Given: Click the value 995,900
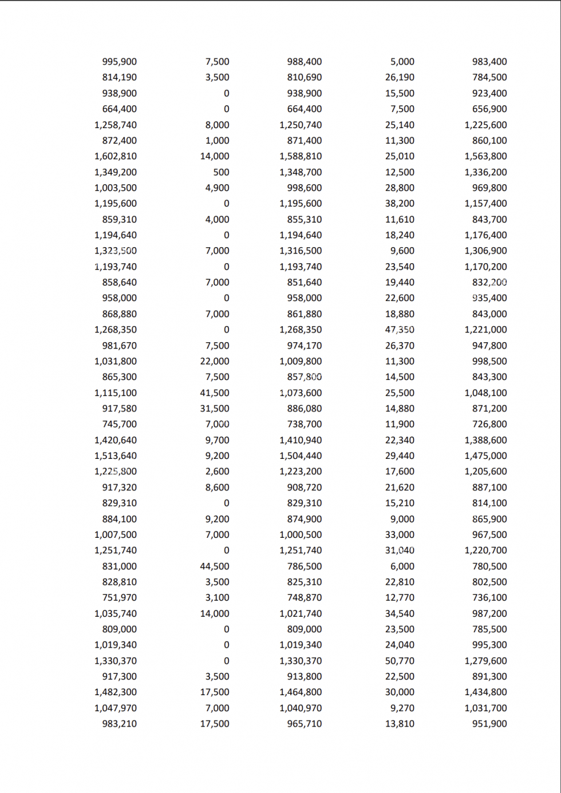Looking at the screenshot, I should pos(119,62).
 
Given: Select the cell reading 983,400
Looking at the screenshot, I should pos(489,62).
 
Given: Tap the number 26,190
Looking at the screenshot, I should pos(400,77).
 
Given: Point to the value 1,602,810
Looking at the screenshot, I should pos(116,156).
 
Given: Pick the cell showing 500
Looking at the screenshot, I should pos(221,172).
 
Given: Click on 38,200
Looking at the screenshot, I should pos(400,204).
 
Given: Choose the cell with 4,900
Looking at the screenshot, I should pos(217,188).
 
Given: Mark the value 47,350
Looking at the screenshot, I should pos(400,330).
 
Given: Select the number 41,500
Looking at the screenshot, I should pos(215,393).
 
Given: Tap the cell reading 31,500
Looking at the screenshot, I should pos(215,409).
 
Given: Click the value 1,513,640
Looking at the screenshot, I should pos(116,456).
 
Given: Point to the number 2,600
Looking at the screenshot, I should pos(217,471).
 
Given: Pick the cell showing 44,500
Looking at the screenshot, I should pos(215,566).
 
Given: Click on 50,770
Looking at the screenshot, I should pos(400,661).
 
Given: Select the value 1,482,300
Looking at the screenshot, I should pos(116,692).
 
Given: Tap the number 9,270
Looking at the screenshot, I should pos(402,708).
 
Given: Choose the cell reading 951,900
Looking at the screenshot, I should pos(489,724).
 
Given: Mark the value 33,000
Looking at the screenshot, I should pos(400,535).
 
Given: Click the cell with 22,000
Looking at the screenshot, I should pos(215,362).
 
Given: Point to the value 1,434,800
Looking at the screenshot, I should pos(485,692).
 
